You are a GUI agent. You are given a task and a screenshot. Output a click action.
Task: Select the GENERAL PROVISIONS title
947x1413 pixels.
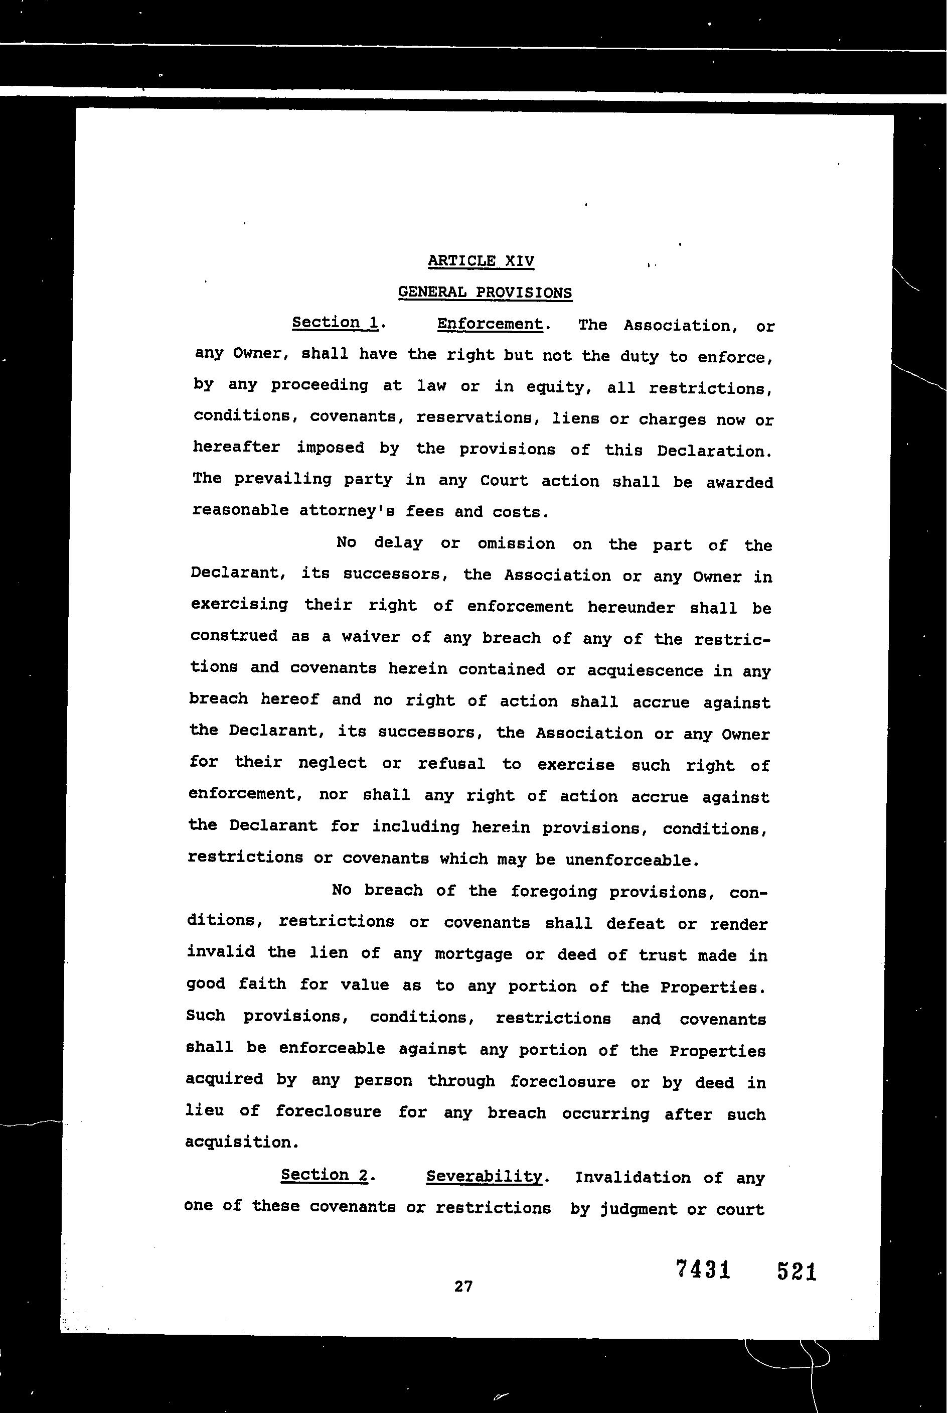pyautogui.click(x=485, y=293)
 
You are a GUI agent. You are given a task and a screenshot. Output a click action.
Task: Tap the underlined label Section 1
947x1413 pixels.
pyautogui.click(x=335, y=323)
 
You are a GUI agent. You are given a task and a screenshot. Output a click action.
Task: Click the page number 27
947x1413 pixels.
pyautogui.click(x=463, y=1286)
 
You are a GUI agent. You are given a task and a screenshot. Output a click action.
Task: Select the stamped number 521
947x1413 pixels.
pyautogui.click(x=797, y=1271)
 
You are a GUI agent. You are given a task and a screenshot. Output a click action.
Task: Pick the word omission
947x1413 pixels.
pyautogui.click(x=516, y=544)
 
